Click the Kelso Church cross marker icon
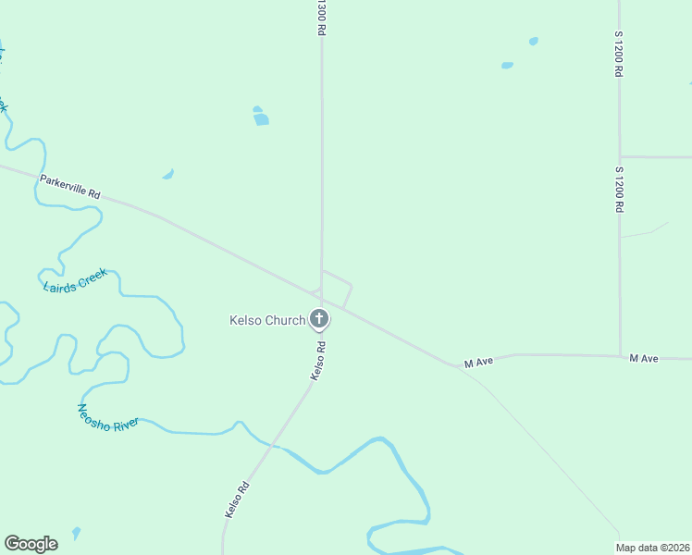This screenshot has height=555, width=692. [x=318, y=320]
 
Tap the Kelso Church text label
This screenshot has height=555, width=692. [x=267, y=321]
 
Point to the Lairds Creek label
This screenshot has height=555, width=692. [x=76, y=280]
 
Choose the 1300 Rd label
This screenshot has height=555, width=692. [x=321, y=18]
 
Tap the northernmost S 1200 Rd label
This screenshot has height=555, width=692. [x=619, y=53]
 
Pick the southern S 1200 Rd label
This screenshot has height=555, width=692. [x=619, y=190]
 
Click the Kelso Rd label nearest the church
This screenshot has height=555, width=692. [x=318, y=361]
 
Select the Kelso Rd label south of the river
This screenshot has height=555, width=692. [x=237, y=499]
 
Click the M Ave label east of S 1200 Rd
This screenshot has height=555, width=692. [x=644, y=358]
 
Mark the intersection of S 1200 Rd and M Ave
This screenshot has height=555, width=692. [x=620, y=356]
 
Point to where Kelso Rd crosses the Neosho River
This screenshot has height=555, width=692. [x=272, y=446]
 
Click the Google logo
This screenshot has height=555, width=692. [x=31, y=544]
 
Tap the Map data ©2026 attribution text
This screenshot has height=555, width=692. [x=653, y=548]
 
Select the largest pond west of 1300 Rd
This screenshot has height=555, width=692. [x=261, y=117]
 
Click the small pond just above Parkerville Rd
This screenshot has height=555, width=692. [x=168, y=174]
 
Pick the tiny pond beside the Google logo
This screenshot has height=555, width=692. [x=76, y=532]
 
